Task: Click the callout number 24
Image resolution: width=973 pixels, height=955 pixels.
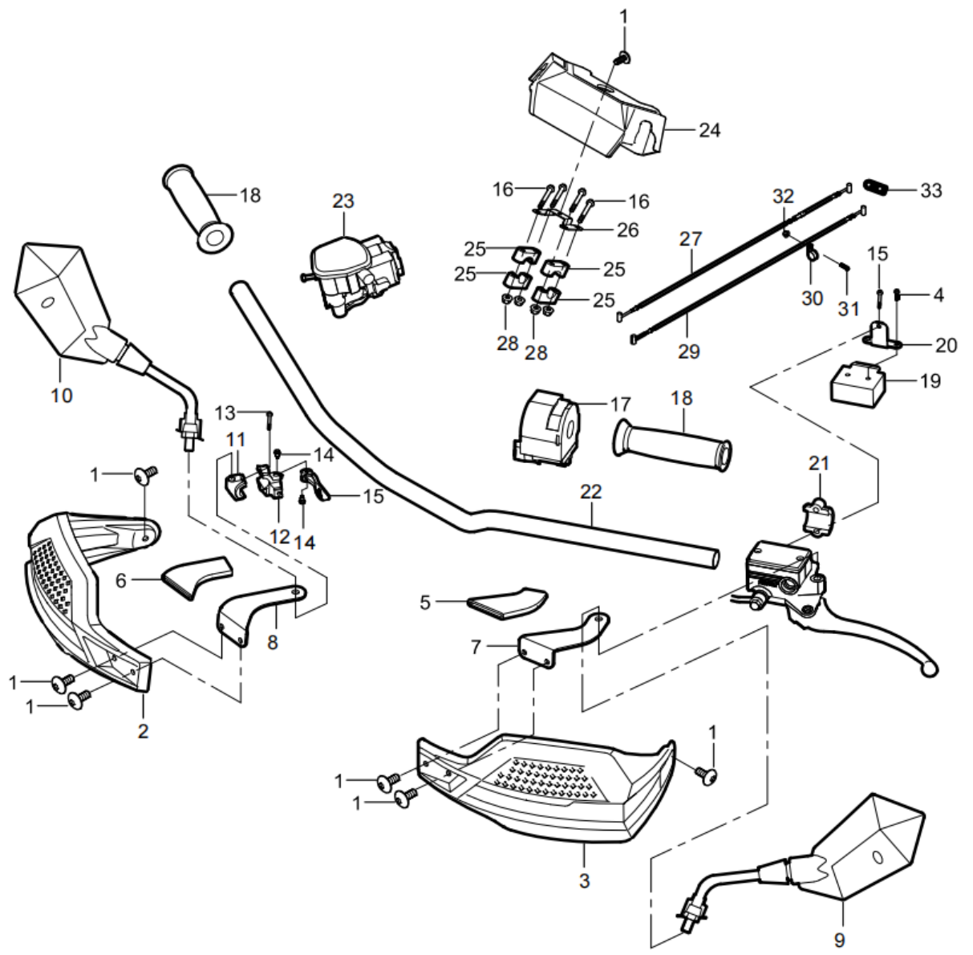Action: [x=709, y=129]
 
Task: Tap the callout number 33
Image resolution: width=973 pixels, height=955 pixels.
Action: [x=930, y=191]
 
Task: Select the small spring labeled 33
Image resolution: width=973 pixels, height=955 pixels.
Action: [x=877, y=188]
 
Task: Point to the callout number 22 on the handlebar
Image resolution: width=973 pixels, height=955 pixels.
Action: [x=591, y=491]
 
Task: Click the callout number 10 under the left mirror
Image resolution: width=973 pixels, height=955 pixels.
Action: [x=62, y=395]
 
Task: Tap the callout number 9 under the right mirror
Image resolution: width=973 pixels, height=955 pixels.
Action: [x=839, y=939]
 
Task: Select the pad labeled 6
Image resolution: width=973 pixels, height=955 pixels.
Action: [x=195, y=575]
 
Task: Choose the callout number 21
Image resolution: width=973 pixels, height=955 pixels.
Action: [x=818, y=463]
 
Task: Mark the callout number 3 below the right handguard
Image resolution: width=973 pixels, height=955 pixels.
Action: [x=584, y=880]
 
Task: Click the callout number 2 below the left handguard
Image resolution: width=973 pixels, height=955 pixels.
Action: [x=143, y=731]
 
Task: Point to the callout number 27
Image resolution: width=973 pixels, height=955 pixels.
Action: [x=691, y=239]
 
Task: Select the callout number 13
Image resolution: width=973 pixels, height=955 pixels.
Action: [x=226, y=412]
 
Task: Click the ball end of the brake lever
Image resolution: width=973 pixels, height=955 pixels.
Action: [x=928, y=665]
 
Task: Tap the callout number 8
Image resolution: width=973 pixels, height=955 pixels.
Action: [x=273, y=642]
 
